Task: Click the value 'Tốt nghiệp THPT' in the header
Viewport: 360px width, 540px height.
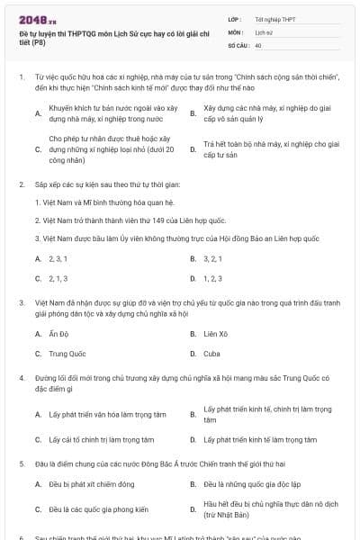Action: point(274,19)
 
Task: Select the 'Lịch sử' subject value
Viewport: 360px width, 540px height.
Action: point(264,31)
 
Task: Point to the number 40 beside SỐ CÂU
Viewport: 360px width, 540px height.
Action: point(258,44)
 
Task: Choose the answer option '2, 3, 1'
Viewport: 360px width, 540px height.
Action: point(58,258)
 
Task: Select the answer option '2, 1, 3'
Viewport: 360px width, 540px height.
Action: point(58,278)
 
